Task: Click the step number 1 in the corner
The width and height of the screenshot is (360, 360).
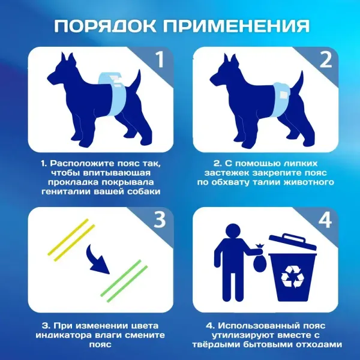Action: pos(158,60)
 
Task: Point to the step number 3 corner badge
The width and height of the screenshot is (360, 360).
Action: pos(158,221)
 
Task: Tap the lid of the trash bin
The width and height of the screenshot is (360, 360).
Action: pos(292,242)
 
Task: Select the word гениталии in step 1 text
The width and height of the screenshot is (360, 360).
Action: pos(68,192)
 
